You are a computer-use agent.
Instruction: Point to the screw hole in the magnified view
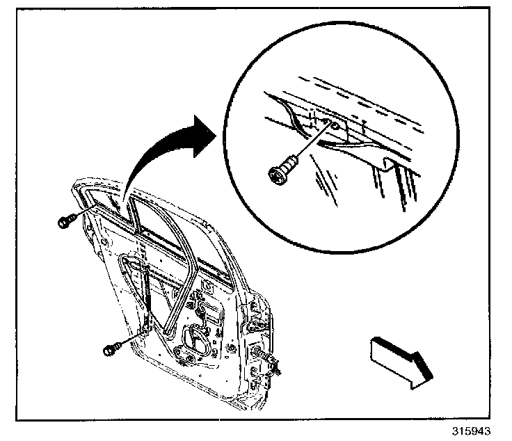335,126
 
